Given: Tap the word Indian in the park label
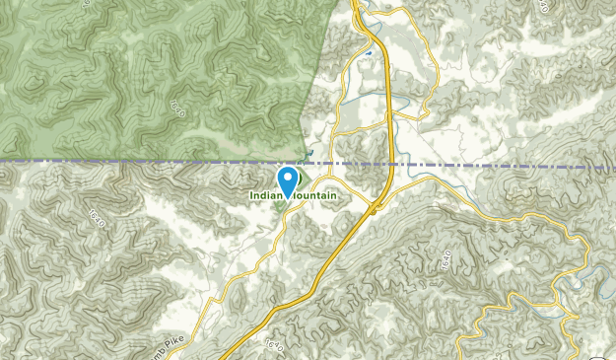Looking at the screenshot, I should [264, 196].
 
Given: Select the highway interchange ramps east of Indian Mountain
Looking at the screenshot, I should [376, 206].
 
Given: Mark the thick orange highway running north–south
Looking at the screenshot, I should [391, 108].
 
